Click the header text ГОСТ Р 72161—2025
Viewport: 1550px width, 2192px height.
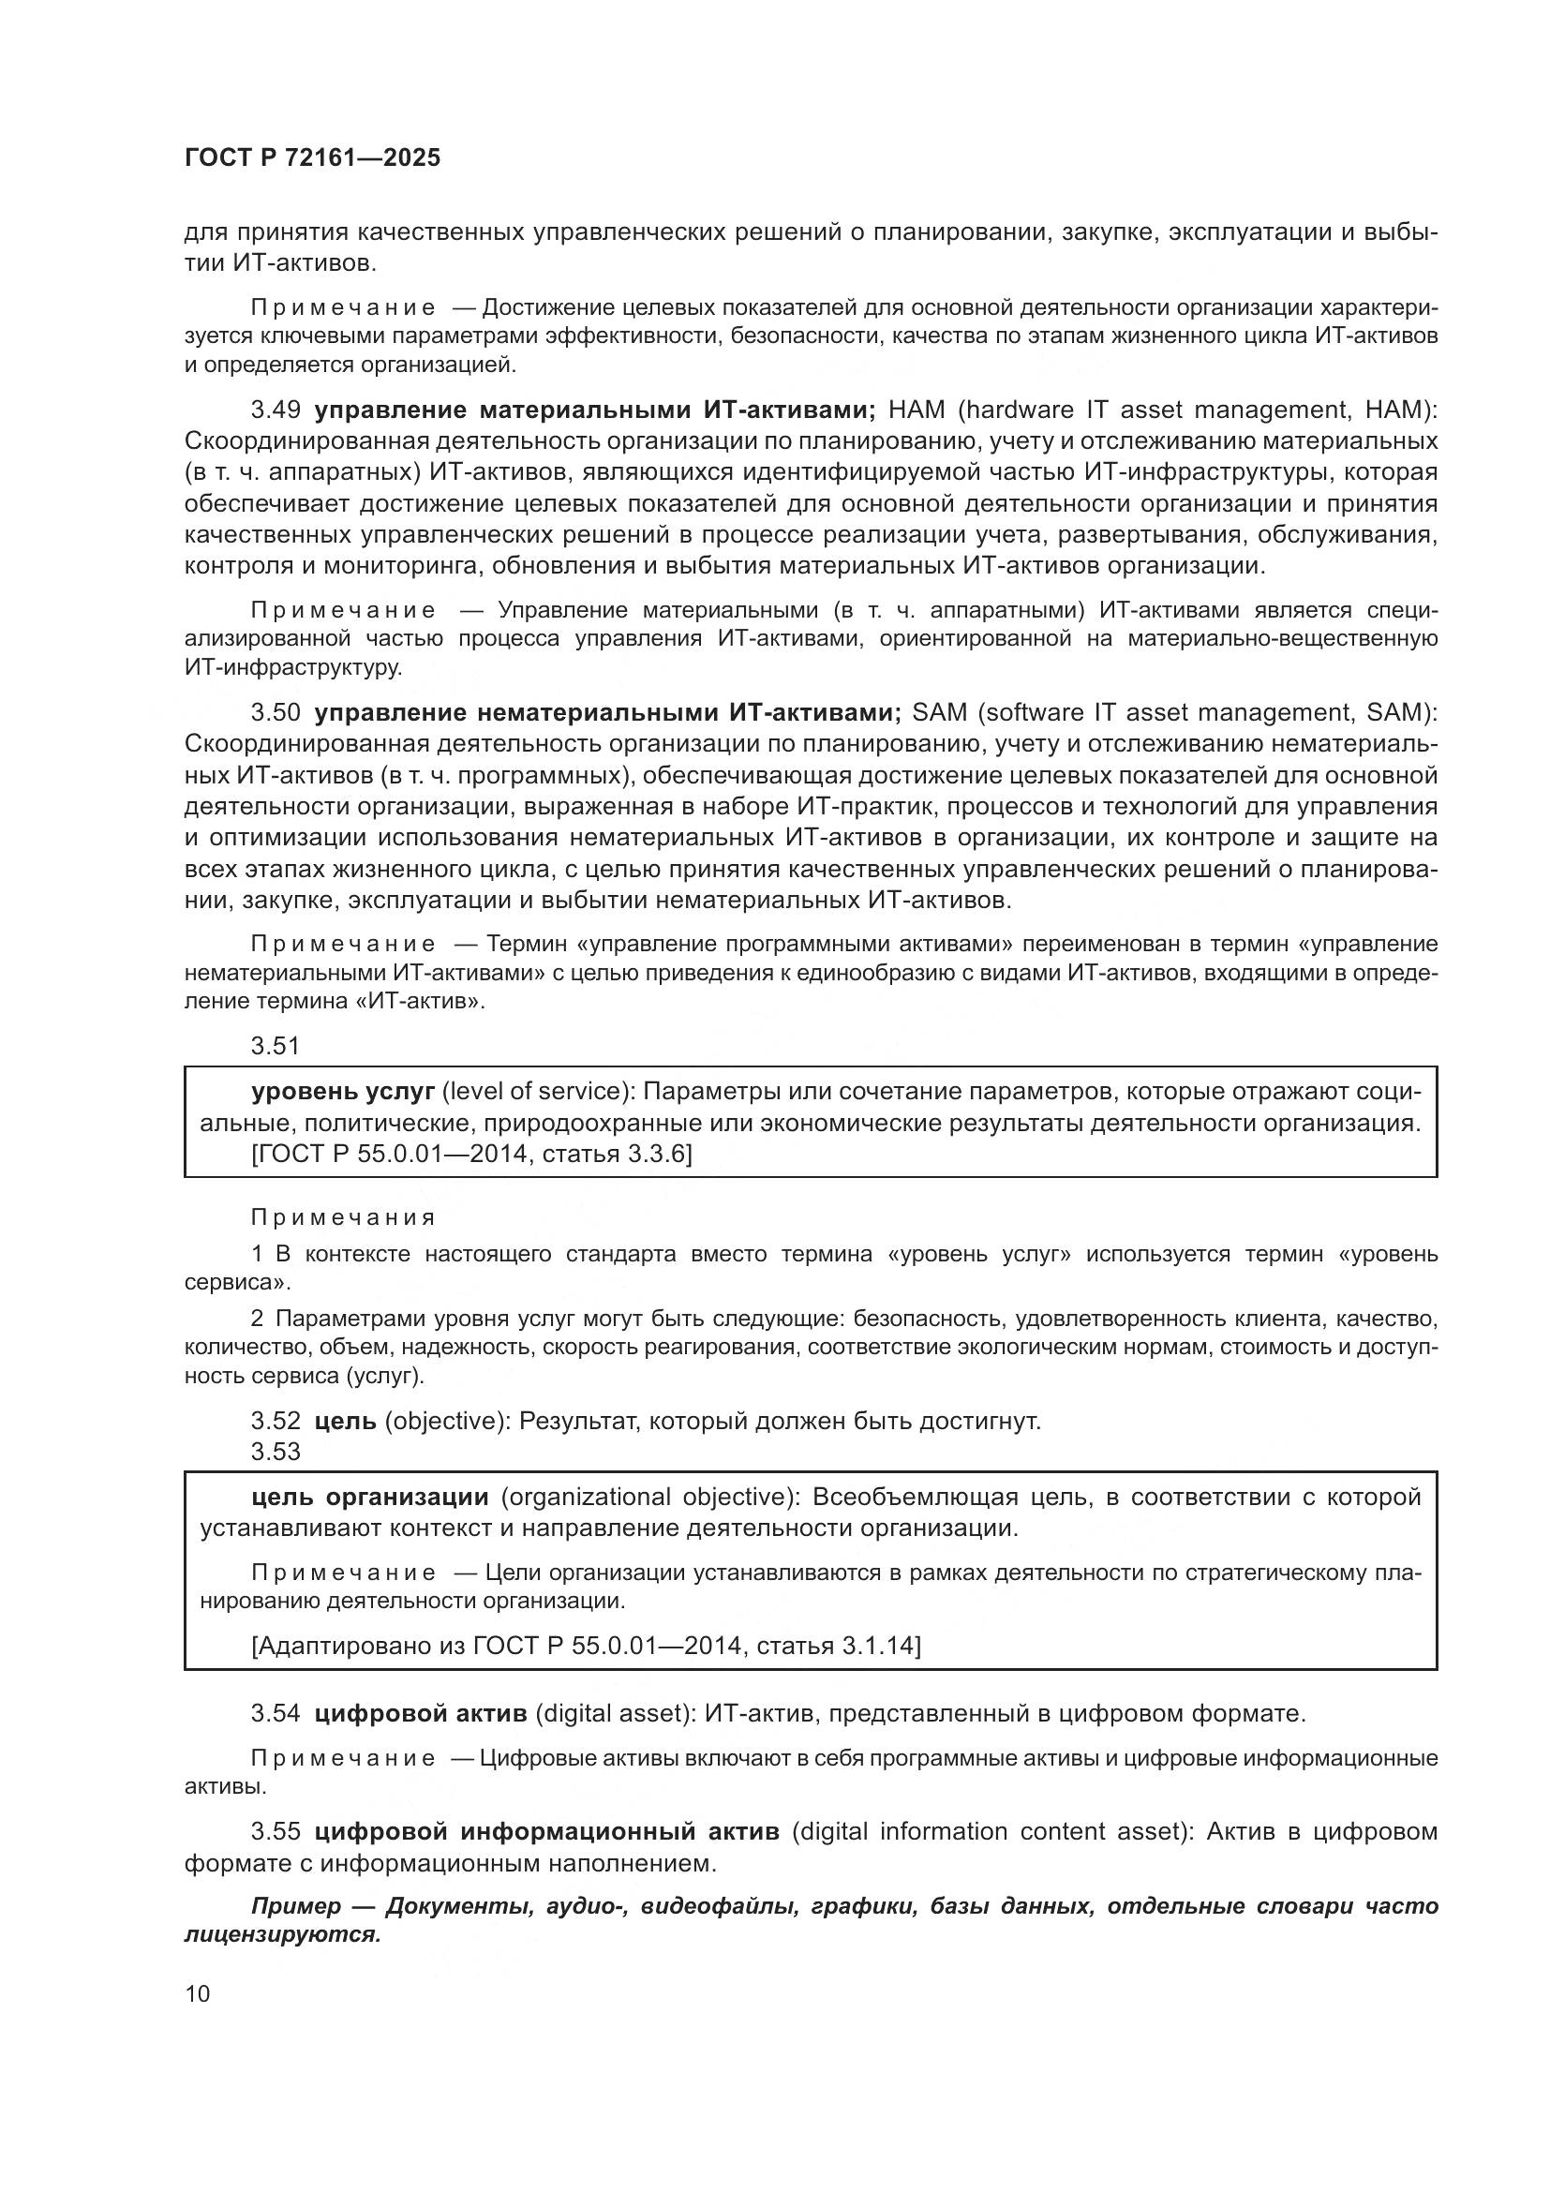[x=312, y=158]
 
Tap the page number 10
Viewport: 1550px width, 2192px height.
[x=198, y=1992]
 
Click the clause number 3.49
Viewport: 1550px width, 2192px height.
[x=276, y=410]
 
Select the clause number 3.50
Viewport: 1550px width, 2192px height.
[x=276, y=713]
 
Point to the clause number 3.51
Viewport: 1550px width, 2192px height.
[x=276, y=1047]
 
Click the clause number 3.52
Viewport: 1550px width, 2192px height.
[x=276, y=1422]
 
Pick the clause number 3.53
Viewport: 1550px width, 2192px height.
[x=276, y=1452]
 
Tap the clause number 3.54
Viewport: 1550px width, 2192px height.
[x=276, y=1714]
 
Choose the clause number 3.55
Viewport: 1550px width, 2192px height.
[x=276, y=1831]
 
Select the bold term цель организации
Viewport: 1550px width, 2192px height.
[x=369, y=1497]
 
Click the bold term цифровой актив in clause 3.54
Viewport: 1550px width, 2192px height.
[x=421, y=1714]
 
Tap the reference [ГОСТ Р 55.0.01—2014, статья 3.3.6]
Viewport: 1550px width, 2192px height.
[x=471, y=1155]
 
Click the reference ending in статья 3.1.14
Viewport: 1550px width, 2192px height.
[x=586, y=1646]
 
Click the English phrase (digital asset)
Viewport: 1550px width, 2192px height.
[x=616, y=1714]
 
